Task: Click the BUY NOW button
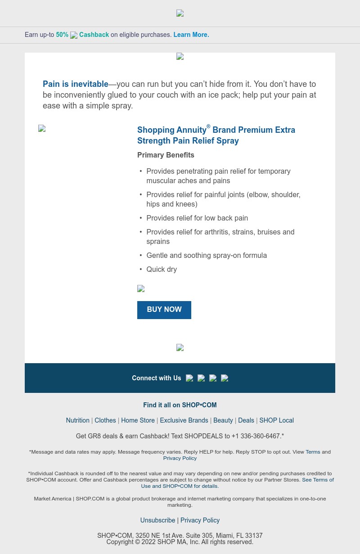[x=164, y=310]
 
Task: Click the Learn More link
[x=191, y=35]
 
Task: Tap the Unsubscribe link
[x=157, y=520]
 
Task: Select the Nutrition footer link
[x=77, y=420]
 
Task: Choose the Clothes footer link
[x=105, y=420]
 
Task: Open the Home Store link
[x=138, y=420]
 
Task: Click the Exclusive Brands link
[x=184, y=420]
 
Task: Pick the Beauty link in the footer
[x=223, y=420]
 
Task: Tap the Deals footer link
[x=246, y=420]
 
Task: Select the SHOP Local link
[x=276, y=420]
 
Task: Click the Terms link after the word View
[x=313, y=452]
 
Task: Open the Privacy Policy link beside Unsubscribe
[x=200, y=520]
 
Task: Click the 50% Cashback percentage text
[x=62, y=35]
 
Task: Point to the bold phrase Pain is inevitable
[x=75, y=84]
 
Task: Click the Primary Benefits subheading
[x=166, y=155]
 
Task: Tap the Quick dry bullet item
[x=162, y=269]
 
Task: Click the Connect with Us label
[x=156, y=378]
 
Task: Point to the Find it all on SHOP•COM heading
[x=180, y=405]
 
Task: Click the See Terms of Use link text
[x=318, y=480]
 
